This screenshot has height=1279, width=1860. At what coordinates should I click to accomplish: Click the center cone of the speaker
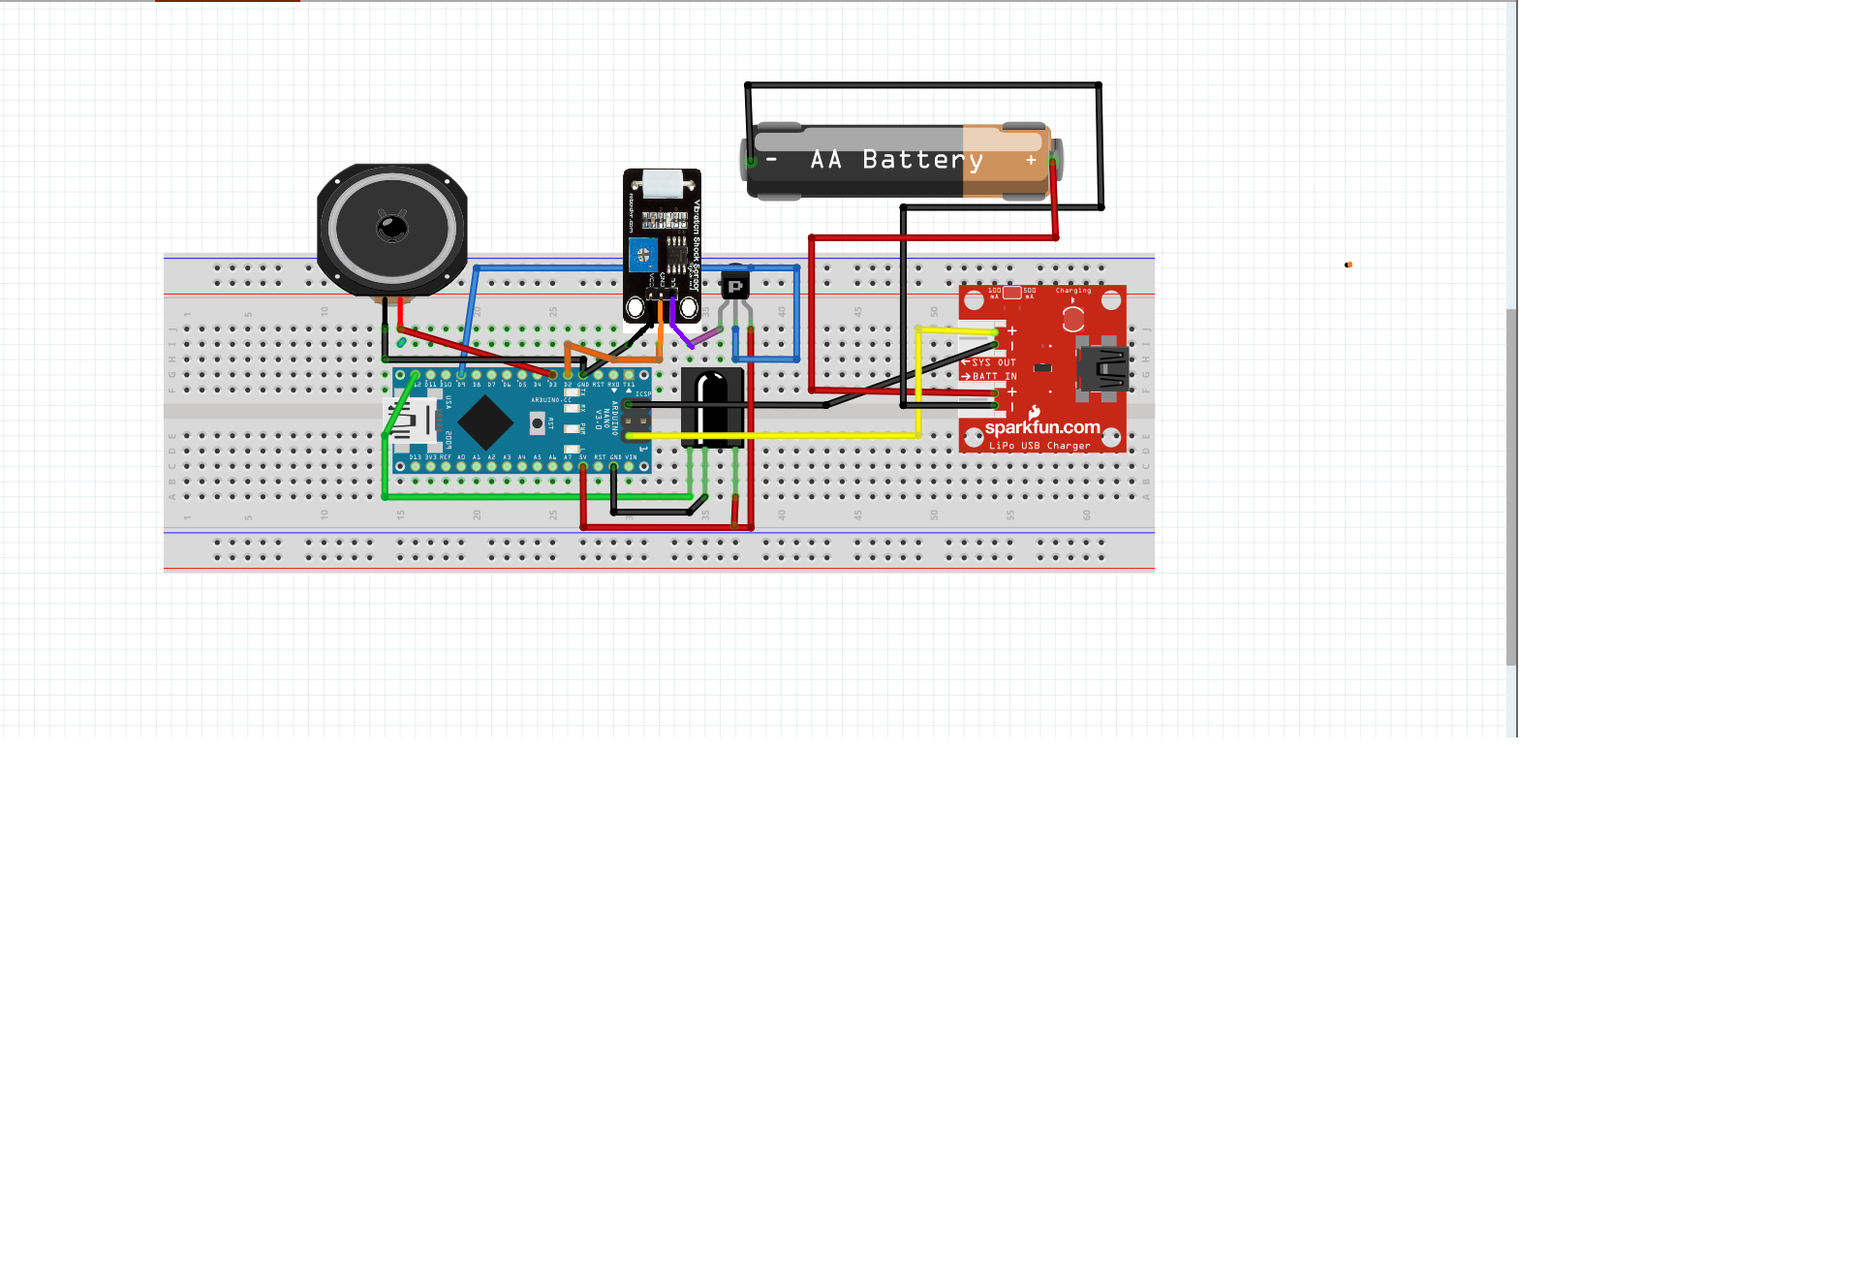click(x=392, y=229)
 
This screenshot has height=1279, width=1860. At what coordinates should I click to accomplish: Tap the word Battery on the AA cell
click(x=922, y=160)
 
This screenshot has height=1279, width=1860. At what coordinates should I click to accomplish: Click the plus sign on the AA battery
click(x=1031, y=160)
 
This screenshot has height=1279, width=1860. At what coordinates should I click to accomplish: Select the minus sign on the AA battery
click(x=772, y=159)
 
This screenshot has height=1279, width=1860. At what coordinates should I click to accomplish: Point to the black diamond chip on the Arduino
click(x=485, y=422)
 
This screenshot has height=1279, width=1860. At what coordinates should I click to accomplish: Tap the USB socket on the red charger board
click(x=1102, y=368)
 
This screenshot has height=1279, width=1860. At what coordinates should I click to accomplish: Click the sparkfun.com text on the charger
click(x=1042, y=427)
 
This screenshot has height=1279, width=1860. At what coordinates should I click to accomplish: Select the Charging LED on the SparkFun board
click(x=1073, y=319)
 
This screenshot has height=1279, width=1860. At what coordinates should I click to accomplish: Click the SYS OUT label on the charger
click(x=993, y=362)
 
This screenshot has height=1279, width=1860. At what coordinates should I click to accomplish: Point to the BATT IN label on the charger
click(x=994, y=376)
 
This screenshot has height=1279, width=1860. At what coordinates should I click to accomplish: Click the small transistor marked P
click(x=735, y=286)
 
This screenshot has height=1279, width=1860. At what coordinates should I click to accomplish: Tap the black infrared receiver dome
click(x=712, y=405)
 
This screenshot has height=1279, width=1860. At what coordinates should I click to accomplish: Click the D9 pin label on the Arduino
click(x=461, y=385)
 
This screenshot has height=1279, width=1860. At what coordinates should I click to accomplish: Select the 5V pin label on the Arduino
click(x=583, y=456)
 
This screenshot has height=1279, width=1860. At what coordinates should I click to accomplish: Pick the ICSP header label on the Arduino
click(x=643, y=394)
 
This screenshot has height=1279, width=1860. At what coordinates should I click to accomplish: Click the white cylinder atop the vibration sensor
click(x=663, y=182)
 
